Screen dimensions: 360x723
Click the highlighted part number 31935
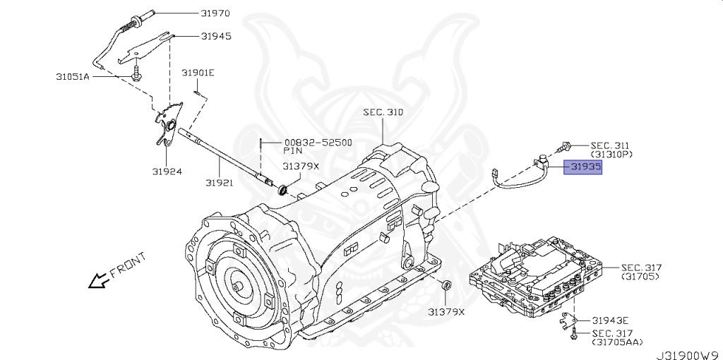pos(582,168)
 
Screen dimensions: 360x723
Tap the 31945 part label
pos(216,36)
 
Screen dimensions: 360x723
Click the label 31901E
pos(198,73)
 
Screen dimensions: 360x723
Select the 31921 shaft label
pos(221,183)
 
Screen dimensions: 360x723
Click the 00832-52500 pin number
pos(318,142)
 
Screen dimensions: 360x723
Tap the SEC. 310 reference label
pos(383,112)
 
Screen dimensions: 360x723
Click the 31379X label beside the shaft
pos(301,167)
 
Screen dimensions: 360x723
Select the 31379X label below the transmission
pos(446,311)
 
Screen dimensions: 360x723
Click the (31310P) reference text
pos(611,153)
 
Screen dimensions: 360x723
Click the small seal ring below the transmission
pos(446,285)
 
